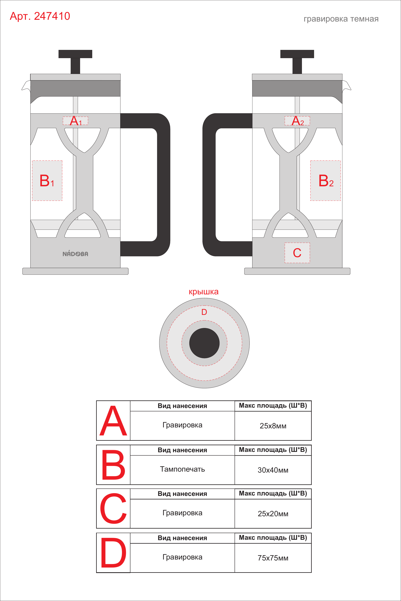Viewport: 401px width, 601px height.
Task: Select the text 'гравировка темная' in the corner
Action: [x=341, y=19]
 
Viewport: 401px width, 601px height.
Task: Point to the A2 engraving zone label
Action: [x=297, y=121]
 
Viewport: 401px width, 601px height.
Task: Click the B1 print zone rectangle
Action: [x=47, y=180]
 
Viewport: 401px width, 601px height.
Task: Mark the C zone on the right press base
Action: [x=297, y=253]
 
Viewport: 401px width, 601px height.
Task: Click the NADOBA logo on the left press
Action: [x=75, y=254]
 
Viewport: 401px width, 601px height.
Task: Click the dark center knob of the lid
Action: [x=204, y=343]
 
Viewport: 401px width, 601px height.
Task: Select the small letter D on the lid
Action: [x=204, y=312]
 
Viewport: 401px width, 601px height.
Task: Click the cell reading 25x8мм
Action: [x=273, y=426]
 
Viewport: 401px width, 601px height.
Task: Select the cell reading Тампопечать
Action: [x=182, y=469]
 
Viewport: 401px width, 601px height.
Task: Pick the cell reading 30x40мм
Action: [x=273, y=470]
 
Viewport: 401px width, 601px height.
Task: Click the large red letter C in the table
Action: [x=113, y=508]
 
